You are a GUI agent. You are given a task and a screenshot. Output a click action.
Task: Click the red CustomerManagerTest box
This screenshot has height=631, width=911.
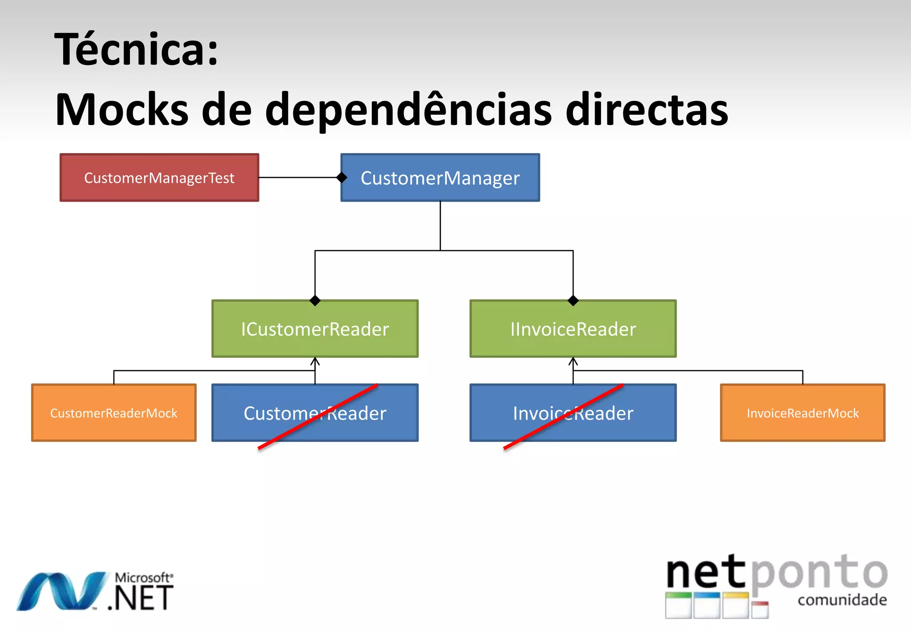[x=159, y=178]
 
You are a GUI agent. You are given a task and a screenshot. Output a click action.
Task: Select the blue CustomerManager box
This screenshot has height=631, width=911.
[x=440, y=178]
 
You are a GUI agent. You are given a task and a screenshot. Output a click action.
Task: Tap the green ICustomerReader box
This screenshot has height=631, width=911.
[x=315, y=329]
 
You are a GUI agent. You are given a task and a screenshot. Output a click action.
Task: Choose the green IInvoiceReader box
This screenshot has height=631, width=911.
[x=573, y=329]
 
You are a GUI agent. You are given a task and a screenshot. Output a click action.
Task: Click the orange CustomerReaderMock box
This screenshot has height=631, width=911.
[x=114, y=413]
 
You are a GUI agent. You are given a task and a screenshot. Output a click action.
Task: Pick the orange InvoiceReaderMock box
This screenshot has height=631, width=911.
[x=802, y=413]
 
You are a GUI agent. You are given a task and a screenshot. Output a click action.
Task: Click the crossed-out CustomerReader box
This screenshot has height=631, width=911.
[x=315, y=413]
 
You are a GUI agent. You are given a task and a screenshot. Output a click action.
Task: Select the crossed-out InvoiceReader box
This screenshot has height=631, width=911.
[x=573, y=413]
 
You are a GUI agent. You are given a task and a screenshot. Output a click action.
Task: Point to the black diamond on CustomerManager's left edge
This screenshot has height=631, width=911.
[x=342, y=178]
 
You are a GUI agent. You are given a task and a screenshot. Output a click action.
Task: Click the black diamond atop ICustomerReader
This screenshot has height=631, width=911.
[x=315, y=301]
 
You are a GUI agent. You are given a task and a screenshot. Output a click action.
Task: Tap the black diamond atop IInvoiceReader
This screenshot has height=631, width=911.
[x=573, y=301]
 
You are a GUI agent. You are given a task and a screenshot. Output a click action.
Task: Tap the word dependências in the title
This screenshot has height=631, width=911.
[x=409, y=110]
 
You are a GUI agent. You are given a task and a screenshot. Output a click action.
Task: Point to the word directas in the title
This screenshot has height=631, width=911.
[x=647, y=110]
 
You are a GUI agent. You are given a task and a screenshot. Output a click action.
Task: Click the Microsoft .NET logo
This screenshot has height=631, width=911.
[x=96, y=592]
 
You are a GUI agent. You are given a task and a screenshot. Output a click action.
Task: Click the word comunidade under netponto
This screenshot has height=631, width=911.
[x=842, y=600]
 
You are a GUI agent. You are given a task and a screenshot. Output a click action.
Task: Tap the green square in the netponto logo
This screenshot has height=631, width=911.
[x=678, y=605]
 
